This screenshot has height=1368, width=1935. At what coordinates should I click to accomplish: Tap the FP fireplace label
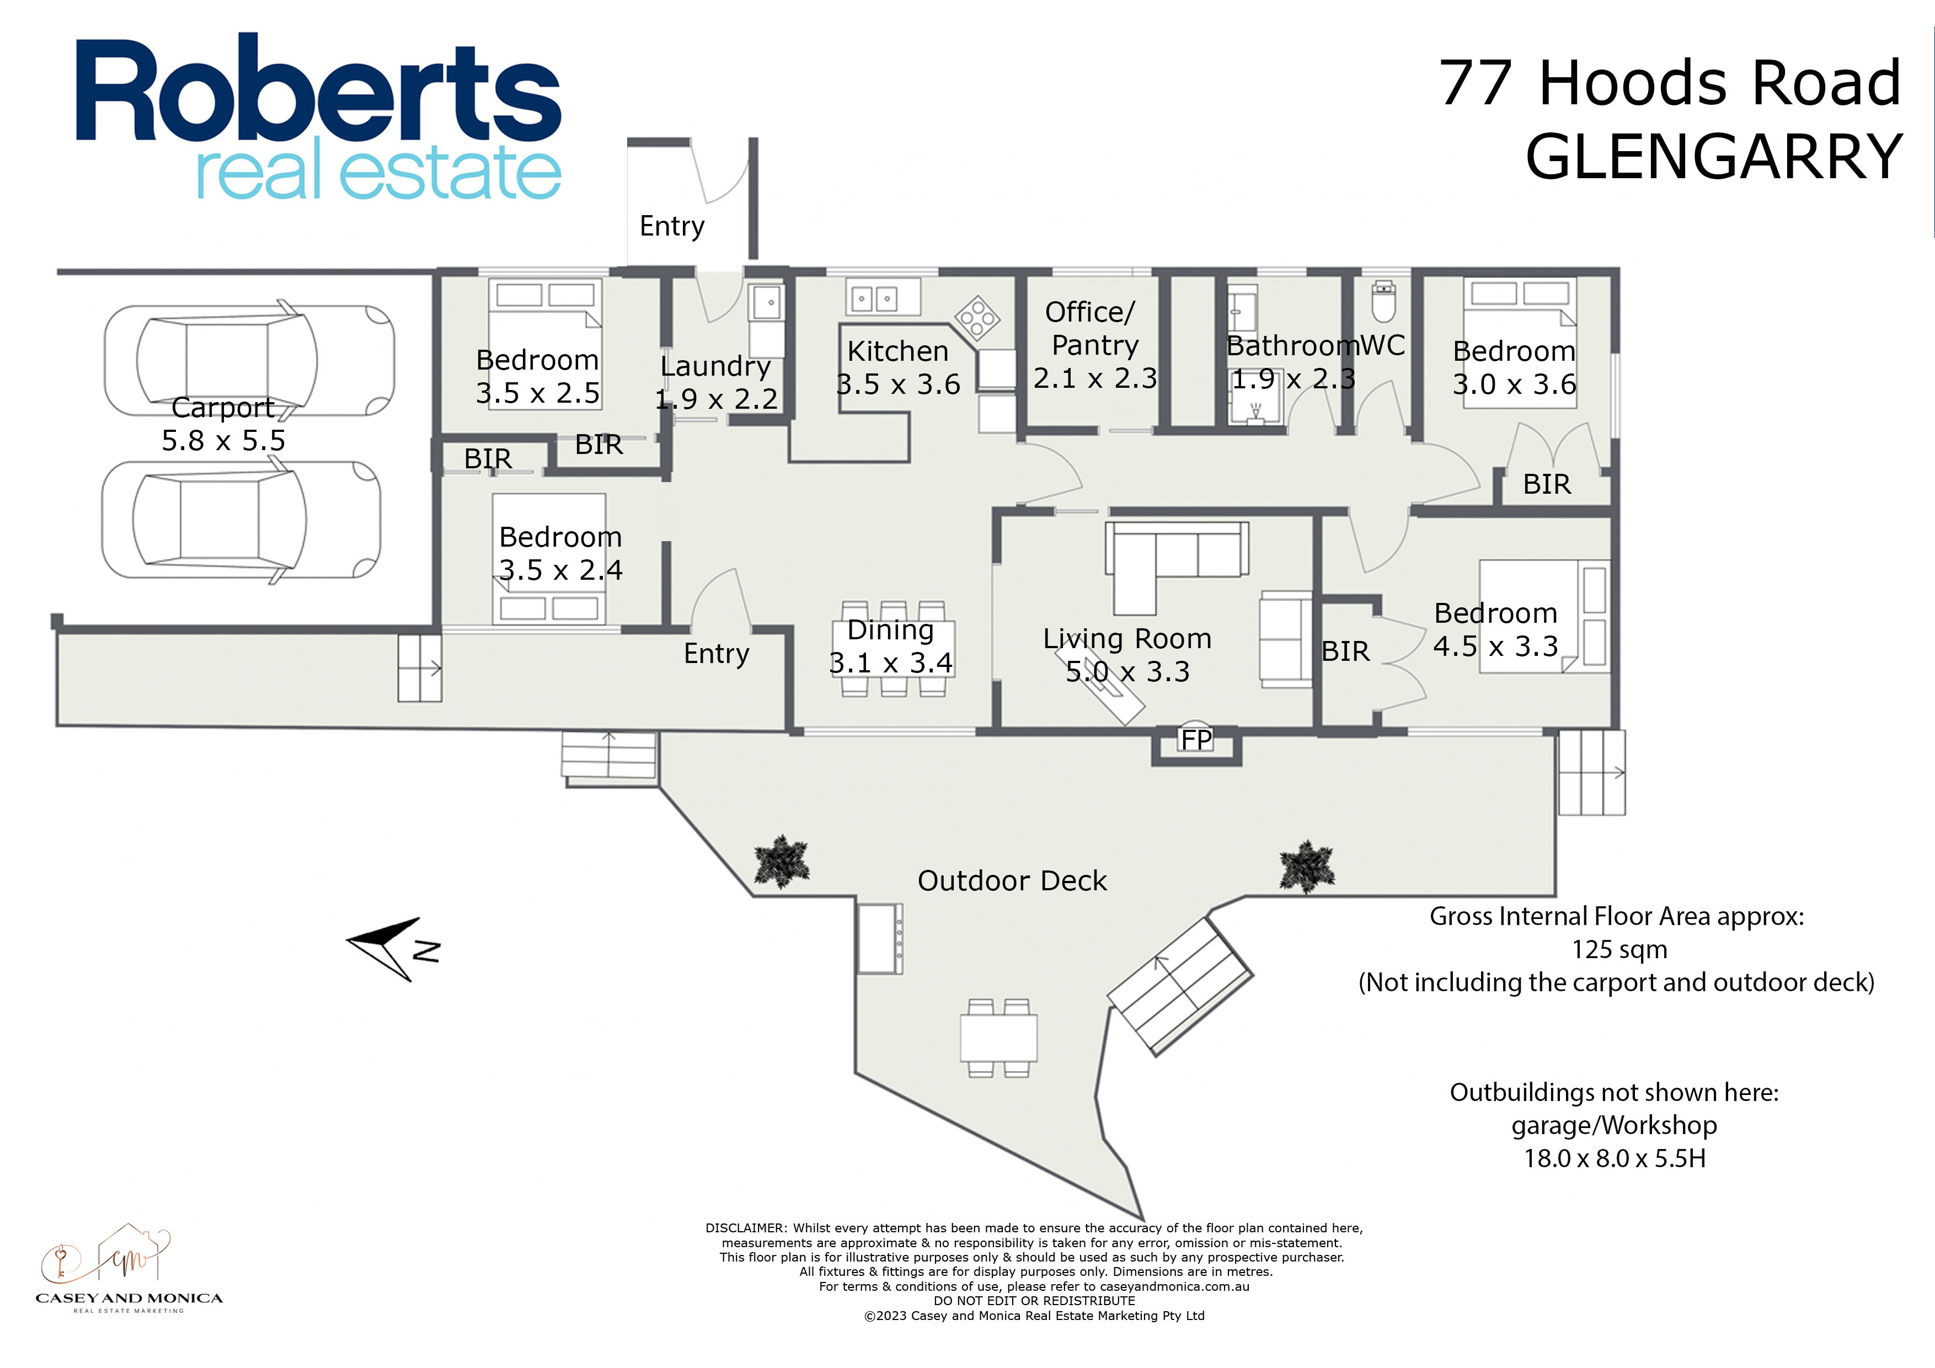click(x=1196, y=740)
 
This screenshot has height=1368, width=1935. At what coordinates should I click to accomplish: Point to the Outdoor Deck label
click(x=1012, y=881)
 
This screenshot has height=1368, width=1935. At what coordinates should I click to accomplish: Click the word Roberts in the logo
click(x=319, y=89)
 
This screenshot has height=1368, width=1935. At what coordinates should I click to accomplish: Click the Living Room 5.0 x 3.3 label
click(x=1127, y=655)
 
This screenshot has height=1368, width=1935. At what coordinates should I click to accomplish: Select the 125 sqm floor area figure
click(x=1619, y=950)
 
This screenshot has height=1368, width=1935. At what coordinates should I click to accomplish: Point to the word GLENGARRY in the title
click(x=1714, y=157)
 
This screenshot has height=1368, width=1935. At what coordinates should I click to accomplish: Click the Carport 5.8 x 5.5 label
click(x=223, y=424)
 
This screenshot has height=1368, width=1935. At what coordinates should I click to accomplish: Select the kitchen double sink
click(x=873, y=298)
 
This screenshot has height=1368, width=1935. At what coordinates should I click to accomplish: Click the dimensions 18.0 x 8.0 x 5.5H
click(x=1614, y=1158)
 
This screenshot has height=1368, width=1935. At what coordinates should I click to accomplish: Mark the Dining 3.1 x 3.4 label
click(x=891, y=646)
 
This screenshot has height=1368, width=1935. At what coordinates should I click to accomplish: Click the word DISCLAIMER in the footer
click(x=745, y=1228)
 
